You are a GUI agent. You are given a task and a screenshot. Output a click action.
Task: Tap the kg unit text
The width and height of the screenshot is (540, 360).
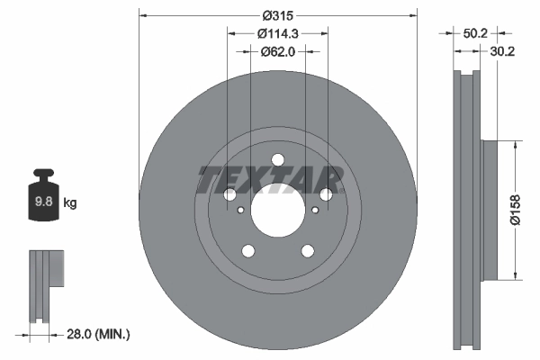click(x=70, y=203)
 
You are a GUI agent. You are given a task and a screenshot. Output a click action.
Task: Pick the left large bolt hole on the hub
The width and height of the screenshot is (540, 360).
click(x=229, y=195)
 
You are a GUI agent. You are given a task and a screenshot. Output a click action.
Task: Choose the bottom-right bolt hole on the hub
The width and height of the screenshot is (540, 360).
click(x=308, y=252)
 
